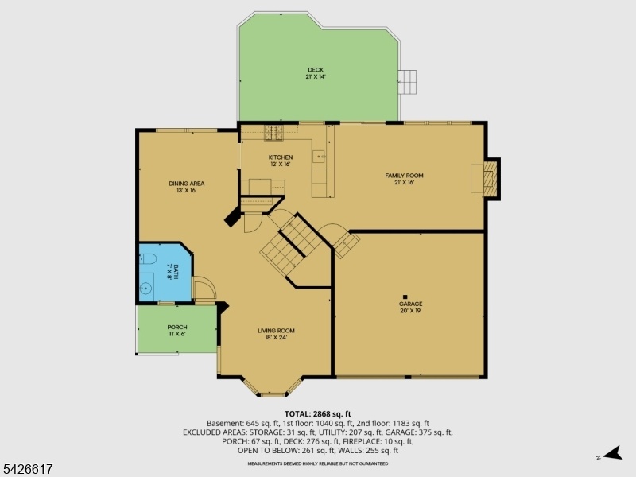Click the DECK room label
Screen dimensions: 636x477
click(x=316, y=70)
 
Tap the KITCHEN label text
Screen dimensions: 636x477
click(x=281, y=157)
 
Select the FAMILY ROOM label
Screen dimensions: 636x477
click(x=404, y=176)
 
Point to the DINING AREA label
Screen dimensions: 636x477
click(x=187, y=184)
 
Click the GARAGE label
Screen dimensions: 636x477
click(x=410, y=304)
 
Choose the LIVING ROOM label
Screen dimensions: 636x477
click(x=276, y=331)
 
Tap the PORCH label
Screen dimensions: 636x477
click(x=177, y=327)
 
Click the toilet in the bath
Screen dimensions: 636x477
click(x=148, y=259)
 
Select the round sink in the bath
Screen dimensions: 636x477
click(x=145, y=289)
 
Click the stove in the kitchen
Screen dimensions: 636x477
click(x=273, y=133)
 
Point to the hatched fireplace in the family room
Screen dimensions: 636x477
click(x=490, y=178)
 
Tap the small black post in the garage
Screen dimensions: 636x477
click(x=405, y=297)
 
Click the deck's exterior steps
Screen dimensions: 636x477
click(x=407, y=82)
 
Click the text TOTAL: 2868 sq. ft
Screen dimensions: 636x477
click(x=317, y=414)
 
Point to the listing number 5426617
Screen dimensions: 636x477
click(x=27, y=470)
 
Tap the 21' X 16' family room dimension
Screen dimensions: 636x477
click(x=404, y=183)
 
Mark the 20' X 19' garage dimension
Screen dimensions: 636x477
click(x=410, y=311)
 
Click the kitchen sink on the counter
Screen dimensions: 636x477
click(x=319, y=156)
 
